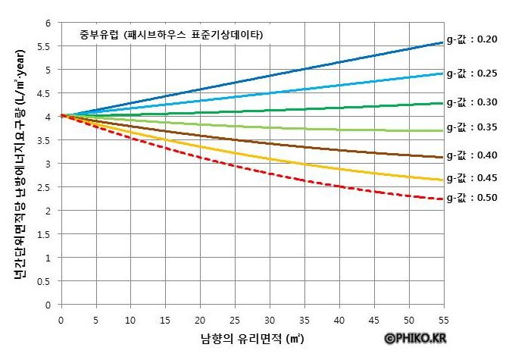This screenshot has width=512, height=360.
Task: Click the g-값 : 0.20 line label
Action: (470, 39)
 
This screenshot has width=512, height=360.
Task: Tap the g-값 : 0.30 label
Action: (470, 102)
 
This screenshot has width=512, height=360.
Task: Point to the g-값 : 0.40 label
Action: (470, 155)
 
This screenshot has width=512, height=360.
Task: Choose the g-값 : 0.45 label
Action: (470, 178)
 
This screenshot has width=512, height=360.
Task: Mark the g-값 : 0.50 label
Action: (470, 198)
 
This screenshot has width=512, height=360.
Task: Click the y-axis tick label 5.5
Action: (45, 46)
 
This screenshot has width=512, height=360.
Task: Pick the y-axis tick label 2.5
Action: (45, 187)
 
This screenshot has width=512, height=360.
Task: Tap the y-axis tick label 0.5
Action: (45, 281)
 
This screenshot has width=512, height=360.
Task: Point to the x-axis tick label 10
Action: (130, 320)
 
